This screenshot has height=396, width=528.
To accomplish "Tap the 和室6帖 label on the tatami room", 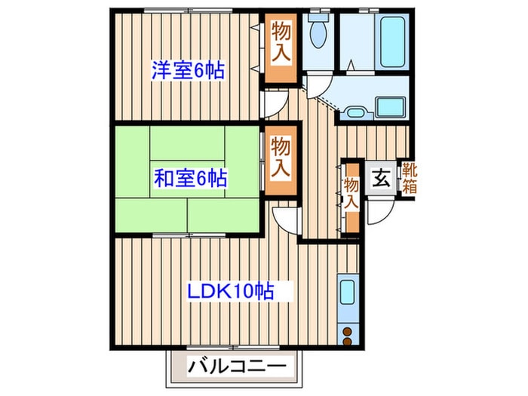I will [190, 179].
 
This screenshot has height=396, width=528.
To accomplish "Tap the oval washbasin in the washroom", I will [355, 114].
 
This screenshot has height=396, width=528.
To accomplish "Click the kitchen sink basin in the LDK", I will [348, 292].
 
